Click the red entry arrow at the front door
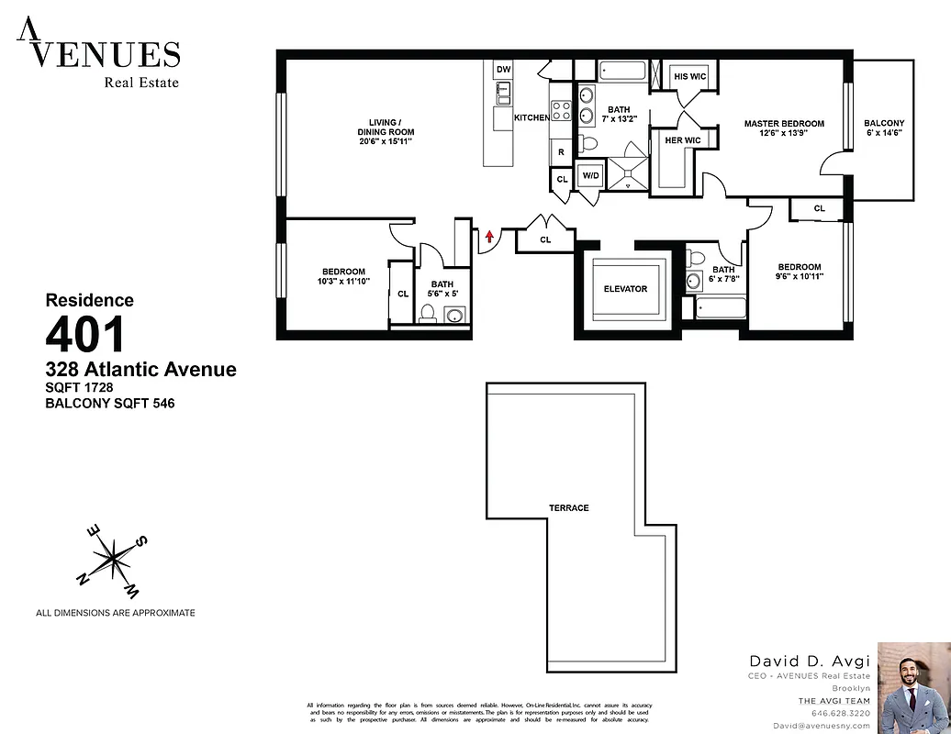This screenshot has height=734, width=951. pyautogui.click(x=490, y=237)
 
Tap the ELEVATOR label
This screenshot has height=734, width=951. pyautogui.click(x=625, y=289)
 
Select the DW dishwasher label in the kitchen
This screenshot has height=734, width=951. pyautogui.click(x=502, y=70)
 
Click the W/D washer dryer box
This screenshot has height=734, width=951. pyautogui.click(x=589, y=175)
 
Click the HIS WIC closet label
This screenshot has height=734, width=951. pyautogui.click(x=689, y=77)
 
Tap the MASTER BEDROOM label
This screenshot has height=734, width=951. pyautogui.click(x=784, y=124)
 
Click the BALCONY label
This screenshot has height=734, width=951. pyautogui.click(x=884, y=124)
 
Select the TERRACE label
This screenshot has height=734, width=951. pyautogui.click(x=569, y=507)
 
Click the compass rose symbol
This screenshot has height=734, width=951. pyautogui.click(x=110, y=557)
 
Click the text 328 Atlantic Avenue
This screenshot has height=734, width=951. pyautogui.click(x=141, y=370)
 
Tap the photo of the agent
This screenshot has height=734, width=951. pyautogui.click(x=913, y=687)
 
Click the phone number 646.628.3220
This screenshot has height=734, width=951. pyautogui.click(x=840, y=713)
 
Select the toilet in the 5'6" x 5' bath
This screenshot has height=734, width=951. pyautogui.click(x=427, y=314)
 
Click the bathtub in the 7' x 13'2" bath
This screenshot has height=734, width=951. pyautogui.click(x=623, y=71)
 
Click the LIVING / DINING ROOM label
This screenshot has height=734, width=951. pyautogui.click(x=385, y=132)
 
